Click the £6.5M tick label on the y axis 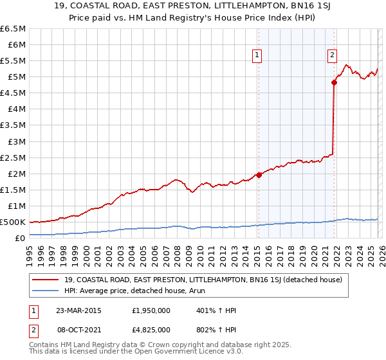coord(14,29)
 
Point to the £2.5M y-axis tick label coord(14,157)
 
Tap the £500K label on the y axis coord(14,222)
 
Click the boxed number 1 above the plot coord(257,56)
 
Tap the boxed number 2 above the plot coord(332,56)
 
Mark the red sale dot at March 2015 coord(259,175)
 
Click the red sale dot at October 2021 coord(334,82)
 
